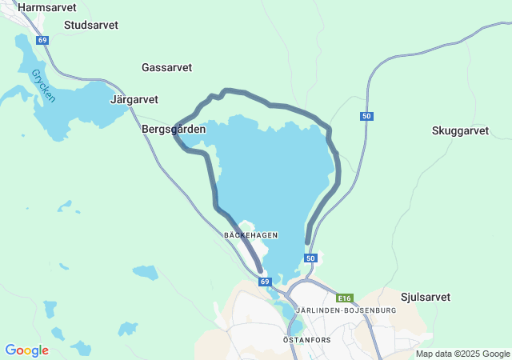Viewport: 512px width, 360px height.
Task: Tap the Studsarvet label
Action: (91, 25)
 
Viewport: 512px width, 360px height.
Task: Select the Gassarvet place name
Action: (166, 68)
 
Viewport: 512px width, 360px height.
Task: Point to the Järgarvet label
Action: (134, 100)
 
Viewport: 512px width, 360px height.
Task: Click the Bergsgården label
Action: (174, 129)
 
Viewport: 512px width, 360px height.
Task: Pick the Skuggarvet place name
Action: (460, 130)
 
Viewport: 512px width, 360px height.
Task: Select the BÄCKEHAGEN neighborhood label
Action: (250, 235)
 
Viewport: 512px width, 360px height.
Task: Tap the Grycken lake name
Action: (44, 86)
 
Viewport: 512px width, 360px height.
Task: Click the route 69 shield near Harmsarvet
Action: (42, 40)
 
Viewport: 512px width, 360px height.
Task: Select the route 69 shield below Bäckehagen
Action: (265, 282)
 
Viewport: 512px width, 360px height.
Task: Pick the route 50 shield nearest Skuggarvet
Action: (366, 117)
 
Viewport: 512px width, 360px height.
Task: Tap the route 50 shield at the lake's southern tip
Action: (311, 258)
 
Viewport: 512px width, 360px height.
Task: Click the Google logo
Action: (26, 350)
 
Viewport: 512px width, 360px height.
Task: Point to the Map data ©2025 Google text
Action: (462, 354)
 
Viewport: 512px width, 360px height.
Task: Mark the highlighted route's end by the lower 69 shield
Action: (260, 271)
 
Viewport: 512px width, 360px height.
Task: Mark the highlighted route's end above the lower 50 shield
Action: (308, 242)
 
